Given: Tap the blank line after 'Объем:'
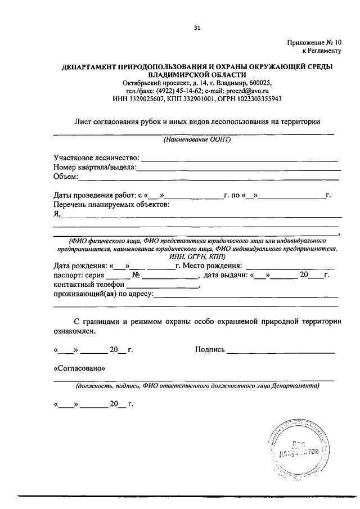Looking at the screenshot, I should click(208, 178).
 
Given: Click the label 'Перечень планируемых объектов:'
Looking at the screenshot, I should click(111, 204).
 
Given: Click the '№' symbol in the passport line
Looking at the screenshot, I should click(136, 276).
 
